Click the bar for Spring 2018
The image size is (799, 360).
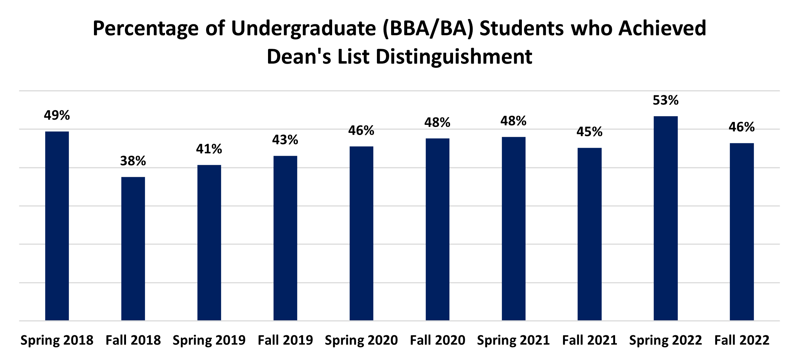tap(57, 226)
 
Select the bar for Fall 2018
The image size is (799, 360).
tap(133, 249)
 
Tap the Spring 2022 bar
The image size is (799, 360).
tap(665, 218)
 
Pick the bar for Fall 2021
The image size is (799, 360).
tap(589, 234)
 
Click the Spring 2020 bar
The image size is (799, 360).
tap(361, 233)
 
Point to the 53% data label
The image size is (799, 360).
tap(665, 100)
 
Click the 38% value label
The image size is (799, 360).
tap(133, 161)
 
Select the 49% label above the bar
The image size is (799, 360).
tap(57, 115)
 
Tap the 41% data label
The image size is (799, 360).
tap(209, 149)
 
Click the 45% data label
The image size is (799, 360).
tap(589, 131)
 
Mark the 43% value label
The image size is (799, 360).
tap(285, 139)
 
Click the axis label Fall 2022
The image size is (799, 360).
tap(742, 340)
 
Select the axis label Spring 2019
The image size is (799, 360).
tap(209, 340)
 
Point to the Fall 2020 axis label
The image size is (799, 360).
tap(437, 340)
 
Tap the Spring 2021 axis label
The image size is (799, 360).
tap(513, 340)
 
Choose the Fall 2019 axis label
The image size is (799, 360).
tap(285, 340)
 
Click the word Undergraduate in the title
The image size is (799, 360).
tap(303, 29)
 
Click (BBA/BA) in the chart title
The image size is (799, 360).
tap(428, 29)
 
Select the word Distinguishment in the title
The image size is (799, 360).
tap(454, 57)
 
